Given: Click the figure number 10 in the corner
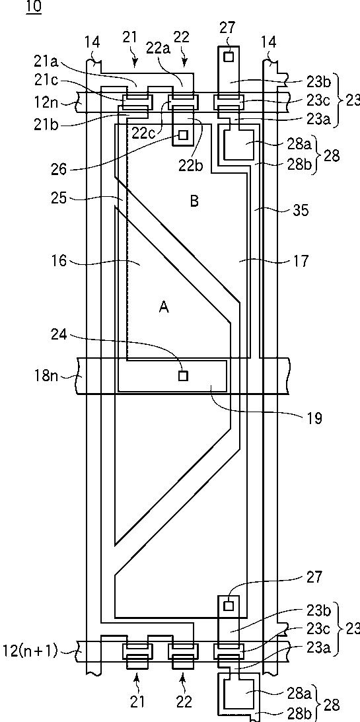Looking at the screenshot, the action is click(34, 7).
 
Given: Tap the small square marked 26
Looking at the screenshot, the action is click(184, 135).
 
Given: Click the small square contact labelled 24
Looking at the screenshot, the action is click(183, 376).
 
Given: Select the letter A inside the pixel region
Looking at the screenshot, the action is click(164, 307).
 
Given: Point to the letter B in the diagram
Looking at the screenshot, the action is click(194, 201).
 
